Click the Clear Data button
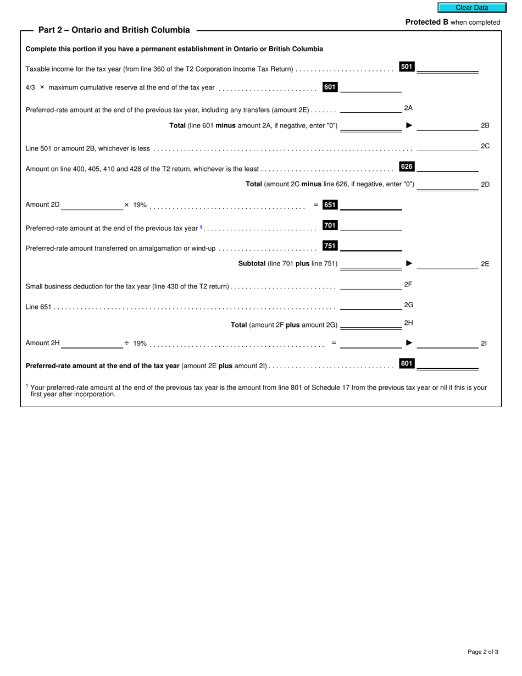click(471, 8)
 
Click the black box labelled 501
click(407, 67)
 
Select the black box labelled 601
click(330, 87)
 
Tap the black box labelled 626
click(407, 167)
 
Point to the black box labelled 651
click(330, 205)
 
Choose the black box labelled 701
click(330, 225)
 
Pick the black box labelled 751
click(330, 246)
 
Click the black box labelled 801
click(407, 363)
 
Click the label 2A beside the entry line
click(408, 108)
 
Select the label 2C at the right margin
click(485, 146)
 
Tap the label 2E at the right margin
click(485, 264)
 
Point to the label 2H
click(408, 323)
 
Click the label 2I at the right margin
click(484, 343)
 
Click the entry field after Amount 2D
click(92, 205)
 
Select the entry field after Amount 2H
click(92, 343)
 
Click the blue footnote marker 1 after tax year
click(201, 227)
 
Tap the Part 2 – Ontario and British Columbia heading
click(114, 30)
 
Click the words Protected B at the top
click(427, 22)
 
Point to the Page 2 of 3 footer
click(483, 652)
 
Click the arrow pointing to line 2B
click(409, 125)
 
